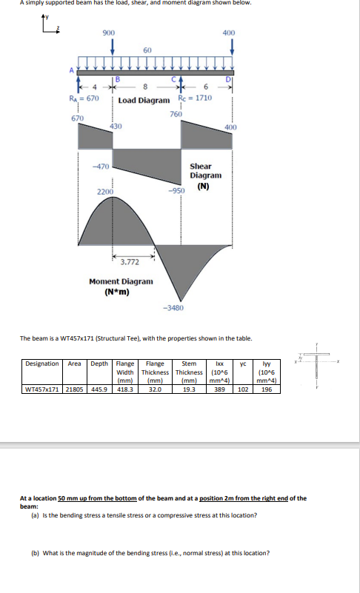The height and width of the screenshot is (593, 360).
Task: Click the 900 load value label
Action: click(108, 33)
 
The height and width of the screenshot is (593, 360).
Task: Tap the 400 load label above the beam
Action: click(229, 33)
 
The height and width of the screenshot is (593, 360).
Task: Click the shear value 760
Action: click(176, 114)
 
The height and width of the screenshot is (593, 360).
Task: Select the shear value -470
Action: click(101, 165)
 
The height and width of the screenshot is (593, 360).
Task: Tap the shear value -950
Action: click(176, 190)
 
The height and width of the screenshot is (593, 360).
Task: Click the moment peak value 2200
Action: click(106, 192)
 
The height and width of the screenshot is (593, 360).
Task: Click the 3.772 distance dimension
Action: click(130, 261)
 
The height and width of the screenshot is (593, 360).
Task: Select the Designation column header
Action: click(43, 364)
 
